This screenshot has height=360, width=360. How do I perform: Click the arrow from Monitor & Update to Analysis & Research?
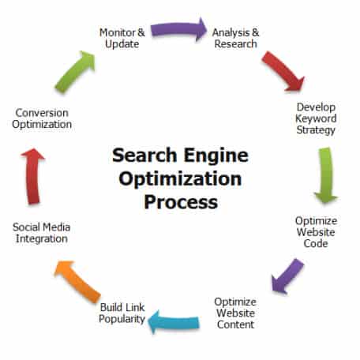(x=179, y=29)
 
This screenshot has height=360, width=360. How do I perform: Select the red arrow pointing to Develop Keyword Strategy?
(x=283, y=71)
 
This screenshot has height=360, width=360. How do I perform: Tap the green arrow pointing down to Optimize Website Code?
(x=326, y=175)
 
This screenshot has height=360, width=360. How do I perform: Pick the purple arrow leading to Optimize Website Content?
(x=287, y=276)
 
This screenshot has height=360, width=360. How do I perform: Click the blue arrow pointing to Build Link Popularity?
(x=174, y=322)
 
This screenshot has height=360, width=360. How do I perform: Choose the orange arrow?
(x=77, y=282)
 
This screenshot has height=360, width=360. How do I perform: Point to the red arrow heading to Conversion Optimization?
(x=33, y=176)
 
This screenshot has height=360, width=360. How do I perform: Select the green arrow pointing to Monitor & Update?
(x=75, y=72)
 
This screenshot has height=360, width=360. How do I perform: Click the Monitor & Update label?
(x=122, y=38)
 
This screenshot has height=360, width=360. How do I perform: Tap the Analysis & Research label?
(x=236, y=38)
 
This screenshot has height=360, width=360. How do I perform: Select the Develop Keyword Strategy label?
(x=316, y=118)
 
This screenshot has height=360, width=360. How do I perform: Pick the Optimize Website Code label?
(x=316, y=232)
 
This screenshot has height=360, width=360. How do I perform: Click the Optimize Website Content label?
(x=235, y=313)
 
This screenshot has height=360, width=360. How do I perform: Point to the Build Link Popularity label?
(x=122, y=313)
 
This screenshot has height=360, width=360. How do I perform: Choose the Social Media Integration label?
(x=42, y=233)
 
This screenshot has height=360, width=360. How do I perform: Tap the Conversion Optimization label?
(x=42, y=119)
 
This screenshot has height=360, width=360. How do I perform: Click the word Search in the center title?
(x=144, y=155)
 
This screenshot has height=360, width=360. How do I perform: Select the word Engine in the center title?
(x=216, y=156)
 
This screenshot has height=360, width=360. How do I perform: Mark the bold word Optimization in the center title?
(x=180, y=179)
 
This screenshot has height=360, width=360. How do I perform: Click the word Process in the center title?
(x=181, y=202)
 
